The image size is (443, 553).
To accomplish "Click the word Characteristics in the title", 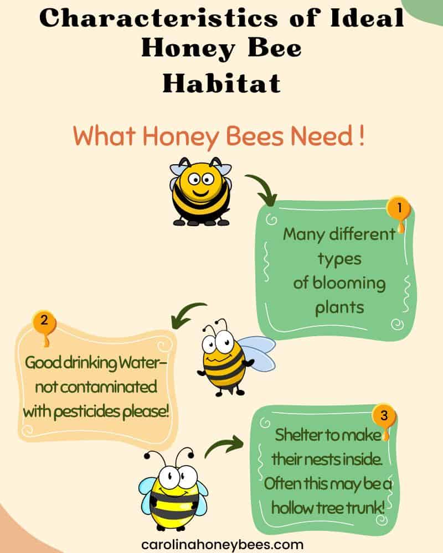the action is click(158, 18).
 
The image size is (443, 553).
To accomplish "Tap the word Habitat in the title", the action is click(221, 84).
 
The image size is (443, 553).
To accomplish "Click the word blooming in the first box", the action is click(349, 284).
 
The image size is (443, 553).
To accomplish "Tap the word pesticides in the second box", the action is click(87, 411).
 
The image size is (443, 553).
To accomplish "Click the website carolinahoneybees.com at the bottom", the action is click(222, 545).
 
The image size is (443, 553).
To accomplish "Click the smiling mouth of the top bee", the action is click(201, 193).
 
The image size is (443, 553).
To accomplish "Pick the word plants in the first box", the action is click(339, 307).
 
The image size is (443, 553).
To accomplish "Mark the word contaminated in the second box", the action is click(96, 387).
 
